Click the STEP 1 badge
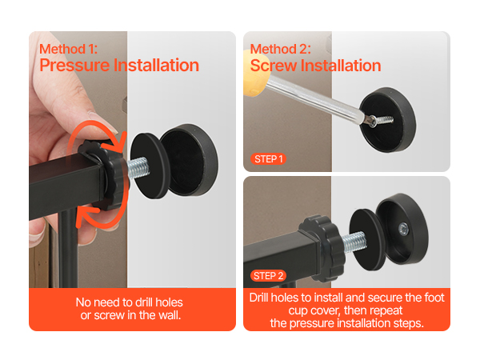click(268, 159)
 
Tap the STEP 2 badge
click(268, 275)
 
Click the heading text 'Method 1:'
click(68, 49)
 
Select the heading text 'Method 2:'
click(281, 49)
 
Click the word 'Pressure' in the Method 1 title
click(74, 66)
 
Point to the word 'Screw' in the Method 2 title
click(274, 66)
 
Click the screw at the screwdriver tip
click(382, 120)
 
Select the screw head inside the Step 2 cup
click(403, 228)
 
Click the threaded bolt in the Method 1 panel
click(138, 168)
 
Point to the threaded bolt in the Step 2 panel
click(354, 242)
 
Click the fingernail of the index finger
click(103, 122)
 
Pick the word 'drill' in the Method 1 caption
click(144, 302)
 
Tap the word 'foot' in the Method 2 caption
click(434, 298)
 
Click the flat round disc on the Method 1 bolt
click(150, 166)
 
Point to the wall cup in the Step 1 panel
click(387, 119)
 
